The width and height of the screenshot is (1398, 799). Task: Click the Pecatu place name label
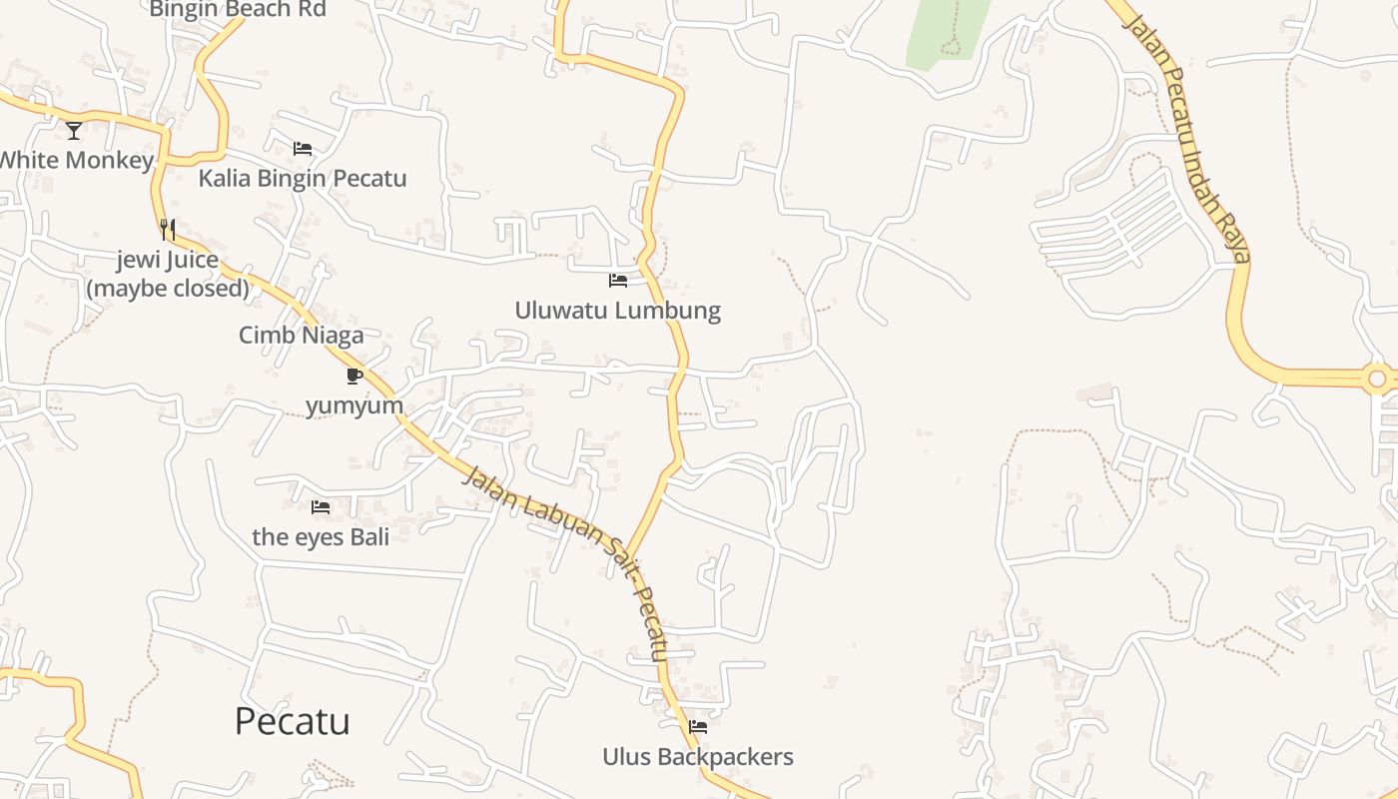(x=292, y=721)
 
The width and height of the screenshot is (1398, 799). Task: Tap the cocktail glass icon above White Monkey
(x=74, y=130)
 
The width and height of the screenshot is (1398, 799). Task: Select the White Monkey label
(x=76, y=160)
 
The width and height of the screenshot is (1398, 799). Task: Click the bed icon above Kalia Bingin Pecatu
(x=303, y=149)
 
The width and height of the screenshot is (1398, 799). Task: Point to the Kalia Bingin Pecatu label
(x=303, y=179)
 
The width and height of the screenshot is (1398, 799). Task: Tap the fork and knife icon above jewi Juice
(x=168, y=230)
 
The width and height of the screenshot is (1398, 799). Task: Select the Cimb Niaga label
(x=301, y=336)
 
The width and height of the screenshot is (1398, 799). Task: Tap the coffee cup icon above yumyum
(x=353, y=376)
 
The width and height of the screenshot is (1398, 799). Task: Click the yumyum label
(x=354, y=405)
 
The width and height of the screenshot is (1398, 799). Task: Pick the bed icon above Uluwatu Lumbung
(x=618, y=281)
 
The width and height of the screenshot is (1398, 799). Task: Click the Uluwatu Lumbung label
(x=617, y=311)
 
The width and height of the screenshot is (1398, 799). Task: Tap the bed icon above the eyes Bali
(x=321, y=507)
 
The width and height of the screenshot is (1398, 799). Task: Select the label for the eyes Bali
(x=321, y=536)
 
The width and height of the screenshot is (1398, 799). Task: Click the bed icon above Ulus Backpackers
(x=698, y=727)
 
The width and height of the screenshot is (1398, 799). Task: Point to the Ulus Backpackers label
(x=697, y=757)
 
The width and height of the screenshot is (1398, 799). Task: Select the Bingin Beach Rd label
(x=238, y=10)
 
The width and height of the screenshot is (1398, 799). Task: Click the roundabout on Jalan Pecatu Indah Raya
(x=1379, y=379)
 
